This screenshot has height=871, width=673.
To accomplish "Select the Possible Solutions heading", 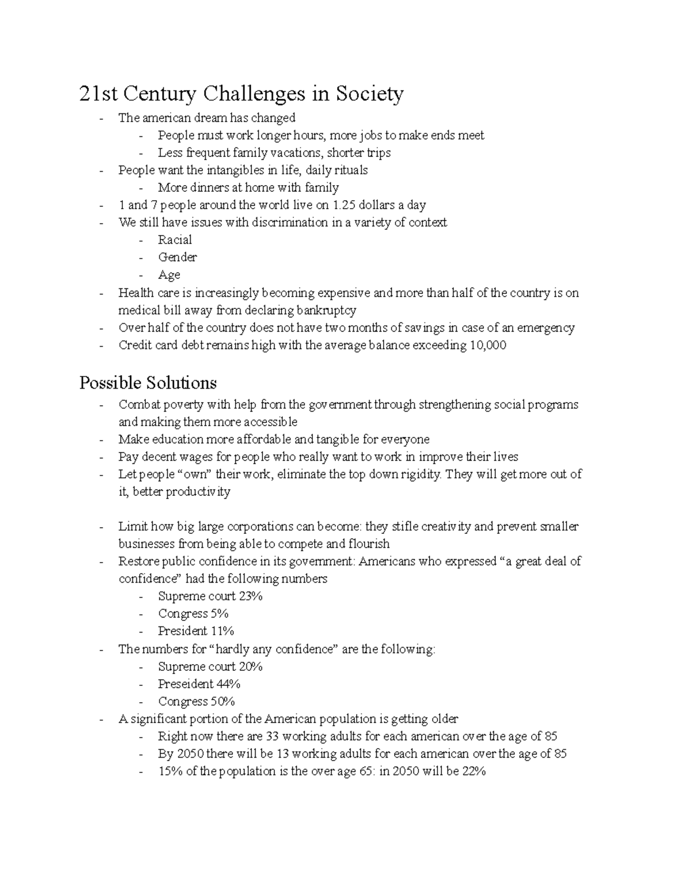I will [x=148, y=383].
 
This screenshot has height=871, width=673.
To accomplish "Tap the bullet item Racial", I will [x=174, y=240].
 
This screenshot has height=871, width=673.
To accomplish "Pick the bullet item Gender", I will [x=177, y=257].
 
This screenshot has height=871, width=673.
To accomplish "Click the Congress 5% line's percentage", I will [x=219, y=614].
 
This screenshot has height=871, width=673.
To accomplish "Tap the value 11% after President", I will [x=222, y=631].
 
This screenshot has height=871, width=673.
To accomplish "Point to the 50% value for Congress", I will [x=222, y=702].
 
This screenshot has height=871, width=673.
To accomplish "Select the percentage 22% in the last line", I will [x=473, y=772].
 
